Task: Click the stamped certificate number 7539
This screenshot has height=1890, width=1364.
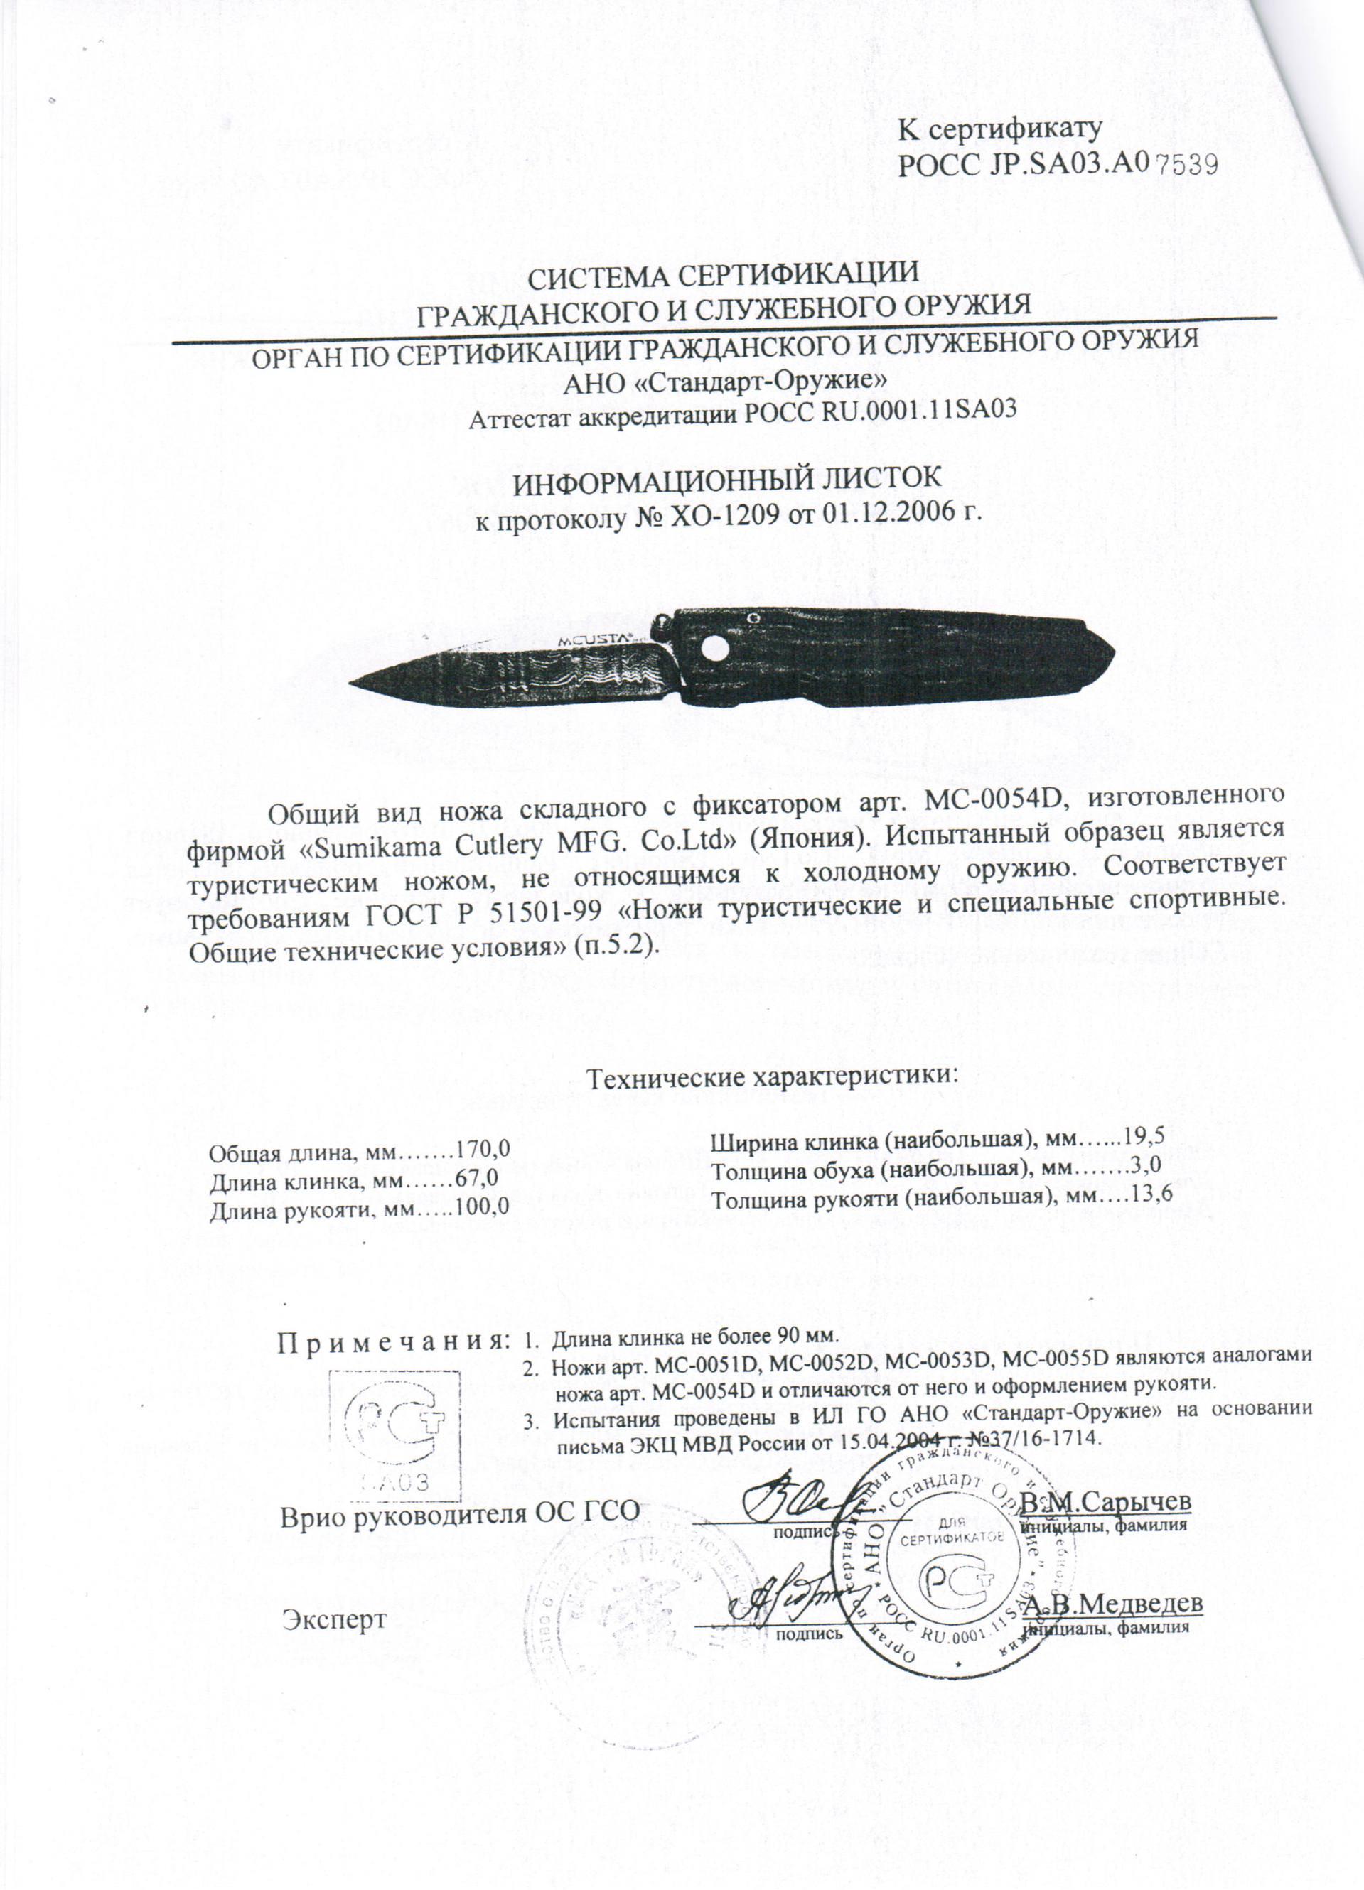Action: pyautogui.click(x=1185, y=164)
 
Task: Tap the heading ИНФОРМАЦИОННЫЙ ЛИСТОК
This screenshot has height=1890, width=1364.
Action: pyautogui.click(x=725, y=482)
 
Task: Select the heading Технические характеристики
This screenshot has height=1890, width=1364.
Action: pyautogui.click(x=775, y=1076)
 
